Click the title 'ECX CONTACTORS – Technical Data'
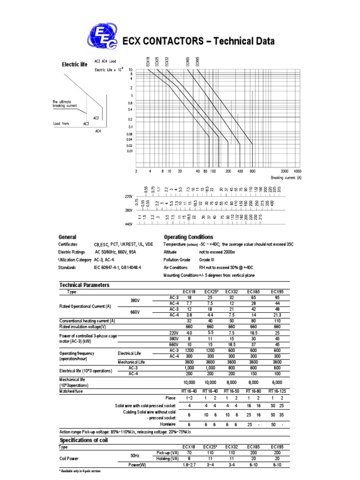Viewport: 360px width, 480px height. pos(198,42)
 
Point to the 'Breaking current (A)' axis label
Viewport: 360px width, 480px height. pos(286,178)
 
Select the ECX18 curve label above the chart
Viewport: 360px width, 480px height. pos(148,61)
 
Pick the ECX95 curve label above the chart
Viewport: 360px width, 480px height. pos(197,61)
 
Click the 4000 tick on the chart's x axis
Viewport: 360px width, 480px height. pos(297,172)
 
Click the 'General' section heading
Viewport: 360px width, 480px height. pos(67,237)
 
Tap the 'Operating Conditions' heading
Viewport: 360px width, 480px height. pos(188,237)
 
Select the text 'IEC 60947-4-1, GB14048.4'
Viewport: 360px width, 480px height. pos(117,267)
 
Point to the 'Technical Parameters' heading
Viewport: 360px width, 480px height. pos(84,285)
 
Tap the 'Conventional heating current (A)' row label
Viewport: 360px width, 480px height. pos(87,321)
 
